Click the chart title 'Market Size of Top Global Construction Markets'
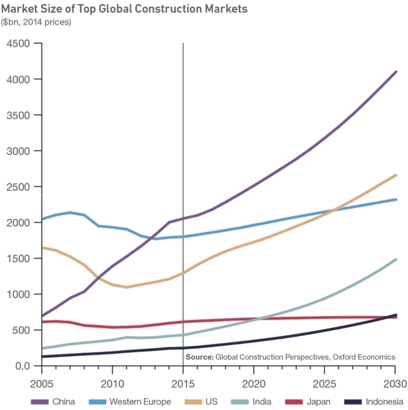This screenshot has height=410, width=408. click(124, 10)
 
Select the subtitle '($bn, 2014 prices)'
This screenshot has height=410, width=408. click(36, 22)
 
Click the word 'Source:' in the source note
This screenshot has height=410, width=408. click(199, 357)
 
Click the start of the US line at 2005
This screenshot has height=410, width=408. click(42, 247)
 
